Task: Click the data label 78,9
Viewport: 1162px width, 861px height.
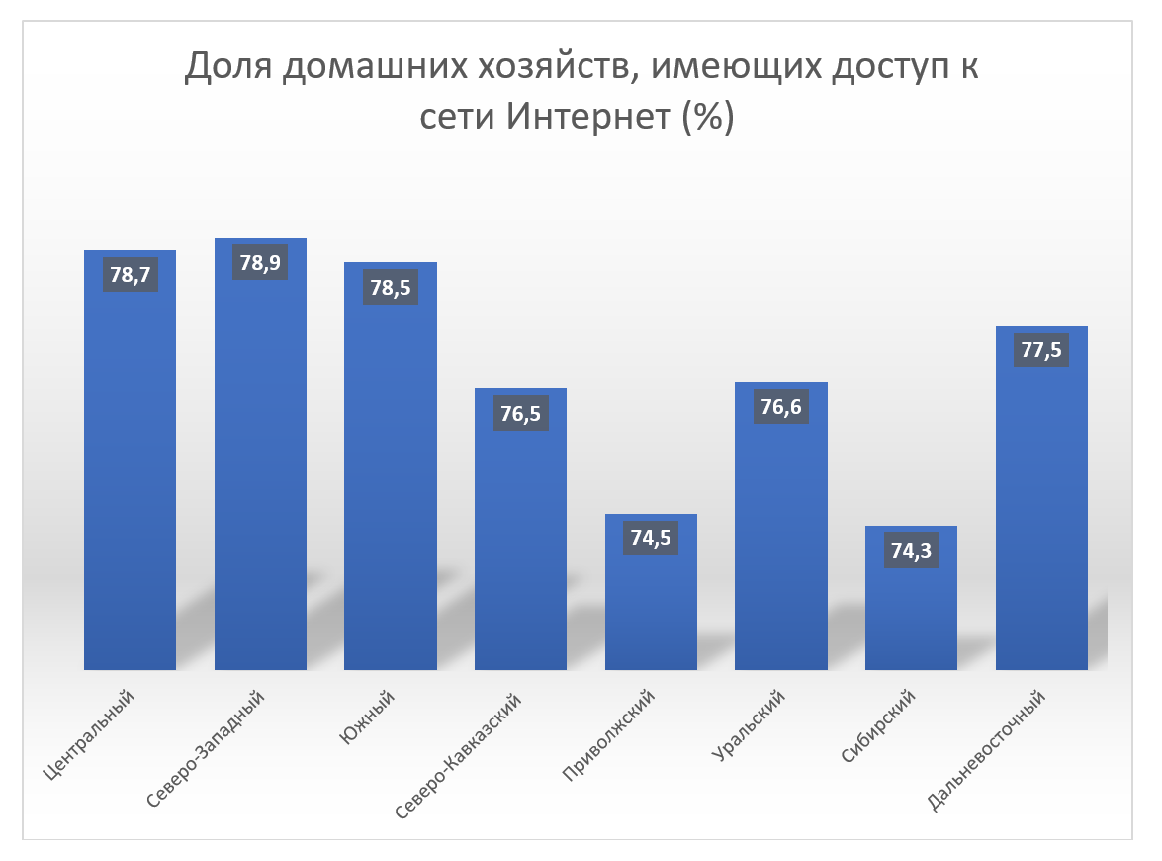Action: [x=260, y=262]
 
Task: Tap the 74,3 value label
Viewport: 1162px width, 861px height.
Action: [x=911, y=550]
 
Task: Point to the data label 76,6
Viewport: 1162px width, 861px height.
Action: [x=781, y=407]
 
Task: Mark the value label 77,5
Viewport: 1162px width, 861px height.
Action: [x=1041, y=350]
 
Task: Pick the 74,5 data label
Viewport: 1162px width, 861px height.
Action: [x=651, y=538]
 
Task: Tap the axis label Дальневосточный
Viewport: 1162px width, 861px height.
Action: [x=988, y=751]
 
